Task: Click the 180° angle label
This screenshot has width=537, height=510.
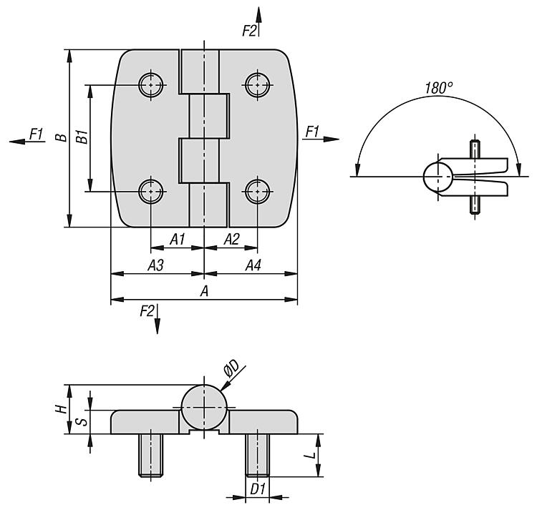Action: tap(439, 88)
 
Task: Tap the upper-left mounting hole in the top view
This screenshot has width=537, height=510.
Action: tap(150, 84)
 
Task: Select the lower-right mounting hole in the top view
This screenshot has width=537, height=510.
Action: tap(258, 192)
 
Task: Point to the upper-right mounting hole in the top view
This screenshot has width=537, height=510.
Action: tap(258, 84)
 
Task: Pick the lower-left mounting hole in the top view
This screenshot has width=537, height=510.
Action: tap(150, 192)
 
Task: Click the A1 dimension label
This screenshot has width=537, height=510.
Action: tap(178, 239)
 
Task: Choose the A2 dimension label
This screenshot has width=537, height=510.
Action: tap(231, 239)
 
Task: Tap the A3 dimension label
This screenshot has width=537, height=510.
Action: tap(156, 265)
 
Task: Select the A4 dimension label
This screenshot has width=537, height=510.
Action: tap(253, 265)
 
